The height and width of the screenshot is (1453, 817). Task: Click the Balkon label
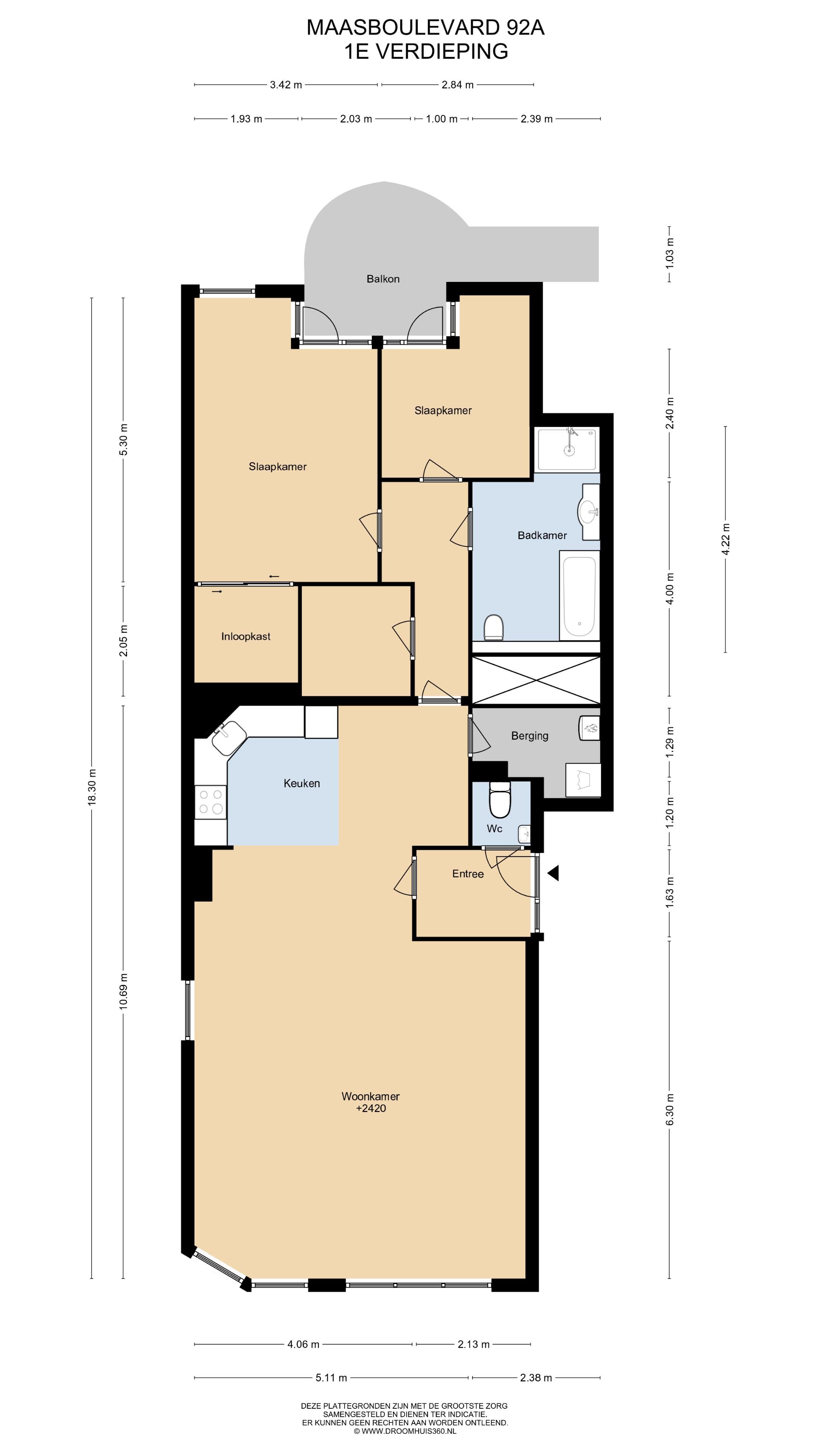(x=383, y=278)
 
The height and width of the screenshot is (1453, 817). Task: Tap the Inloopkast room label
(x=246, y=636)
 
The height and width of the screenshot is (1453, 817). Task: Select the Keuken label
(x=302, y=783)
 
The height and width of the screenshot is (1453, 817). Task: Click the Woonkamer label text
(x=370, y=1096)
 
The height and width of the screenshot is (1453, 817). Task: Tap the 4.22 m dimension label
(x=726, y=539)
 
